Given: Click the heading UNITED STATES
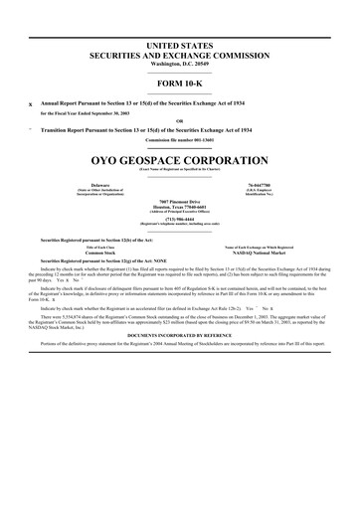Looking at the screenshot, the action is pyautogui.click(x=180, y=47).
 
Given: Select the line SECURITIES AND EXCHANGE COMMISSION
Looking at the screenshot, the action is pyautogui.click(x=180, y=57).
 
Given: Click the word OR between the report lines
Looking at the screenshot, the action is pyautogui.click(x=180, y=122).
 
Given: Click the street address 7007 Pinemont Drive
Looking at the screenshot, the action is pyautogui.click(x=180, y=200).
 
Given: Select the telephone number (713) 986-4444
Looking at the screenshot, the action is pyautogui.click(x=180, y=219).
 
